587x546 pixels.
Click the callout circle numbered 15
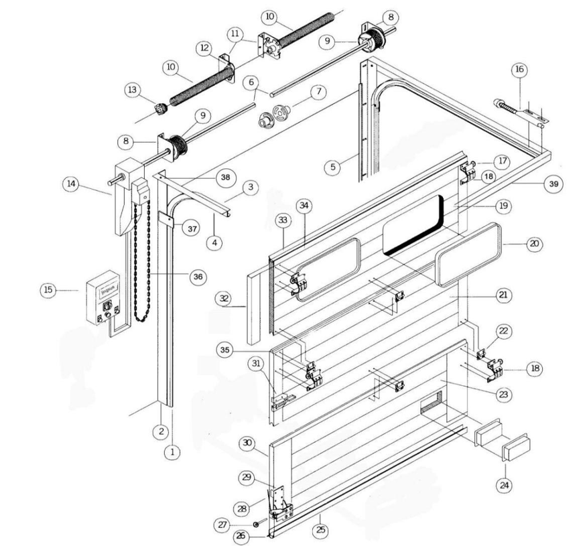(48, 290)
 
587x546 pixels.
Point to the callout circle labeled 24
(503, 484)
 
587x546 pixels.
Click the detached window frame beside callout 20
(469, 255)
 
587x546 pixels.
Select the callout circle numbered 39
(553, 184)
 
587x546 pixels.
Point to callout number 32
(224, 298)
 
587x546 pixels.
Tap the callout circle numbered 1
(172, 453)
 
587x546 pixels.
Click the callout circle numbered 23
(503, 395)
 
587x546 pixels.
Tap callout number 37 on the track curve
(192, 228)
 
